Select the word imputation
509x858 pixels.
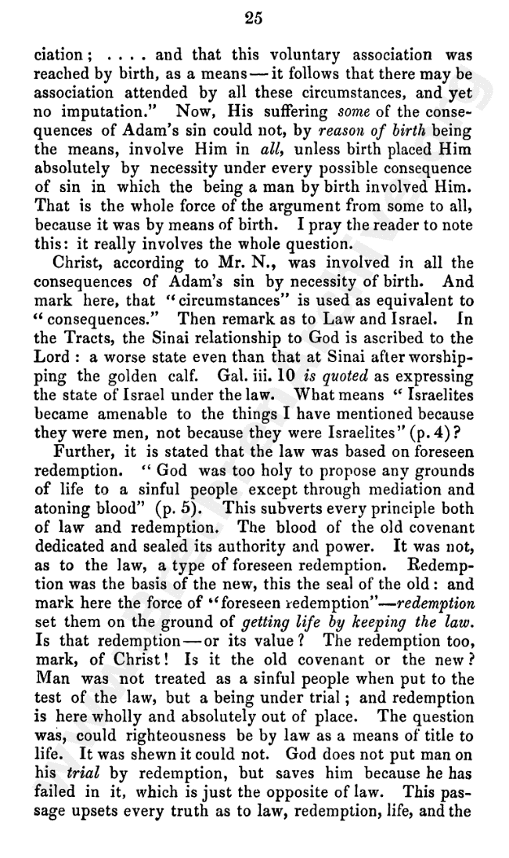(x=89, y=110)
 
